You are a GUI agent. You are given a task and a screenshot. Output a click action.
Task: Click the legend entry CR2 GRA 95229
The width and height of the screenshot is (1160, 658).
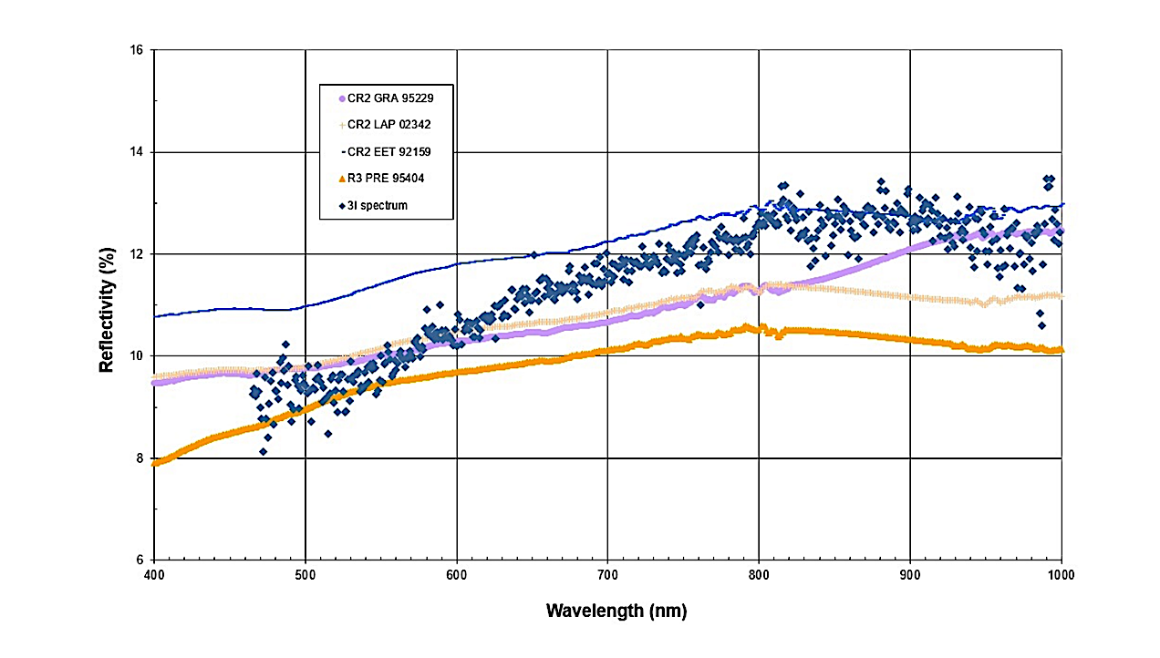[x=390, y=98]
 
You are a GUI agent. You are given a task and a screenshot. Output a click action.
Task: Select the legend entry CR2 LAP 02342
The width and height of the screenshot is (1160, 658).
[x=390, y=125]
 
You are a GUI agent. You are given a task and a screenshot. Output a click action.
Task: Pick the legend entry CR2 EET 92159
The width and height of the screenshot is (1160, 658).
[x=390, y=151]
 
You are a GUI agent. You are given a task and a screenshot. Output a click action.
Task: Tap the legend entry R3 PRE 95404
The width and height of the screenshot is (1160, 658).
[x=390, y=179]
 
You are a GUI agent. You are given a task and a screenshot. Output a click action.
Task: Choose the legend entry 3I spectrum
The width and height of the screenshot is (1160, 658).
[x=382, y=205]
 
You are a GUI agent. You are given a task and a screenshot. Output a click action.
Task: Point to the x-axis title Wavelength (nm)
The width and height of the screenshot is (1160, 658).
[x=616, y=611]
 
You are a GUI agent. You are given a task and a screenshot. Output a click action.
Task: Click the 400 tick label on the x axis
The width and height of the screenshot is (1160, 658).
[x=154, y=576]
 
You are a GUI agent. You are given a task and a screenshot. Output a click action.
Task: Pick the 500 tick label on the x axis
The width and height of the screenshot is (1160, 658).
[x=305, y=576]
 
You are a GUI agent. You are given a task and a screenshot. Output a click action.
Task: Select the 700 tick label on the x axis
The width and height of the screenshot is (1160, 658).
[x=608, y=576]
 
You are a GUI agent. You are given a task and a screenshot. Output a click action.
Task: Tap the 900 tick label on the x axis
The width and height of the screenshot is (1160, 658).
[x=910, y=576]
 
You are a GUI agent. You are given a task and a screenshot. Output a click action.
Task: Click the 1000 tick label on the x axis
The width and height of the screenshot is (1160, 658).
[x=1061, y=576]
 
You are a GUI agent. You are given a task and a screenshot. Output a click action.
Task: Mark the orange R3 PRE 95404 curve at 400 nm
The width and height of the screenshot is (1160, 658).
[x=155, y=463]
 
